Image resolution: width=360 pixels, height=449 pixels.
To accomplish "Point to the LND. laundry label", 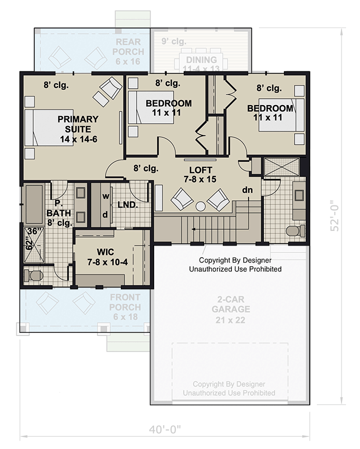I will (127, 204).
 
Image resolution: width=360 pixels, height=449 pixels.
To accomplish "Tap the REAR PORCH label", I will (129, 47).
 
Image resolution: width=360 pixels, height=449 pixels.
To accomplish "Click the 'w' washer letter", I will (105, 196).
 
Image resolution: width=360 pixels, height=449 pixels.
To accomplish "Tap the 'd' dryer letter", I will (105, 214).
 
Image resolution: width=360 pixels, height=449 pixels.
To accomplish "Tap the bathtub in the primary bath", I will (35, 204).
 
